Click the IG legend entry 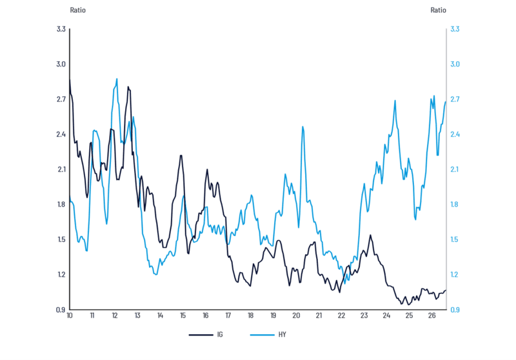[x=206, y=335]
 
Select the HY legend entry [x=268, y=335]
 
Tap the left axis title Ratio [x=77, y=10]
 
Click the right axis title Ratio [x=439, y=10]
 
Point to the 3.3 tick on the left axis [x=61, y=29]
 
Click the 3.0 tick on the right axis [x=455, y=64]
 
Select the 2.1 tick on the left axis [x=61, y=170]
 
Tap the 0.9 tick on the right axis [x=455, y=310]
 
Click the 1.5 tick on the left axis [x=61, y=239]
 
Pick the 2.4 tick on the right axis [x=455, y=134]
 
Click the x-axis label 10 [x=70, y=315]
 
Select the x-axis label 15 [x=183, y=315]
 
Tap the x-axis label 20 [x=296, y=315]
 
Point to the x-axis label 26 [x=432, y=315]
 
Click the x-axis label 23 [x=364, y=315]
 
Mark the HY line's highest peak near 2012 [x=117, y=79]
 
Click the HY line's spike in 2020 [x=303, y=126]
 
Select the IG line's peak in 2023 [x=370, y=235]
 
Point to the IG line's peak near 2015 [x=181, y=155]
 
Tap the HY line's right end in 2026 [x=446, y=102]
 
